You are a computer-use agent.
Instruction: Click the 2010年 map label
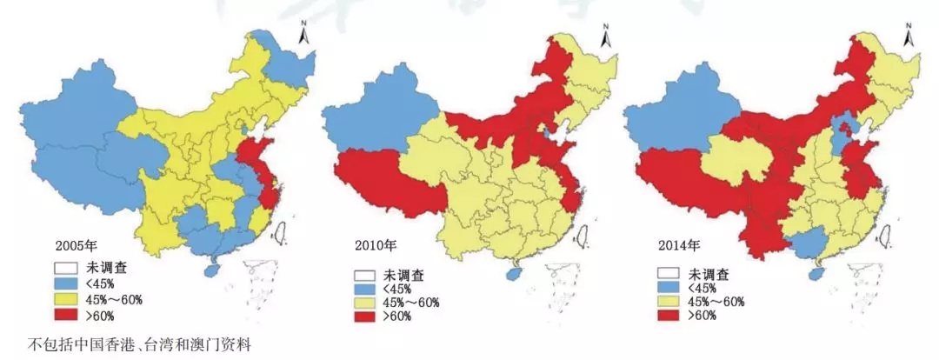375,245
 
